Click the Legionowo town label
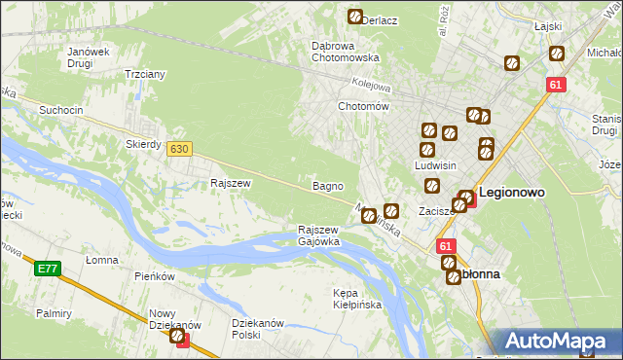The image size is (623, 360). (x=511, y=193)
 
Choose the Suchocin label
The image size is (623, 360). (x=60, y=110)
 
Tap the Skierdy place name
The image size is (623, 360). (x=143, y=143)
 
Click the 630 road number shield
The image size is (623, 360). (x=178, y=149)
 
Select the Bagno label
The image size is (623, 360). (x=326, y=185)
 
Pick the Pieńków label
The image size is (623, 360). (x=154, y=276)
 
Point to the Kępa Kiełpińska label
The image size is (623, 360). (x=356, y=299)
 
